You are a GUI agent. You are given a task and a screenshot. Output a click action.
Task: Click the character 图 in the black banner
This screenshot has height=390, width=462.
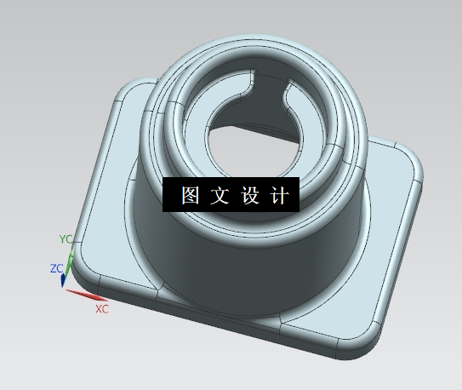point(189,196)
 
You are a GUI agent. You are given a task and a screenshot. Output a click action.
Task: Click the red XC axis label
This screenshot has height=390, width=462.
point(102,309)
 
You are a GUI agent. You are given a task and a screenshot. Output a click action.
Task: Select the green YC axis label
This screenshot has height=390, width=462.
point(66,238)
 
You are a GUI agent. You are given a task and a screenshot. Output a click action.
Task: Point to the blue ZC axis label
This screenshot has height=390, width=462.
point(56,268)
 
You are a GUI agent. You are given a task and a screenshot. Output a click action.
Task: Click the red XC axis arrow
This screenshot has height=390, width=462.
point(85,296)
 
